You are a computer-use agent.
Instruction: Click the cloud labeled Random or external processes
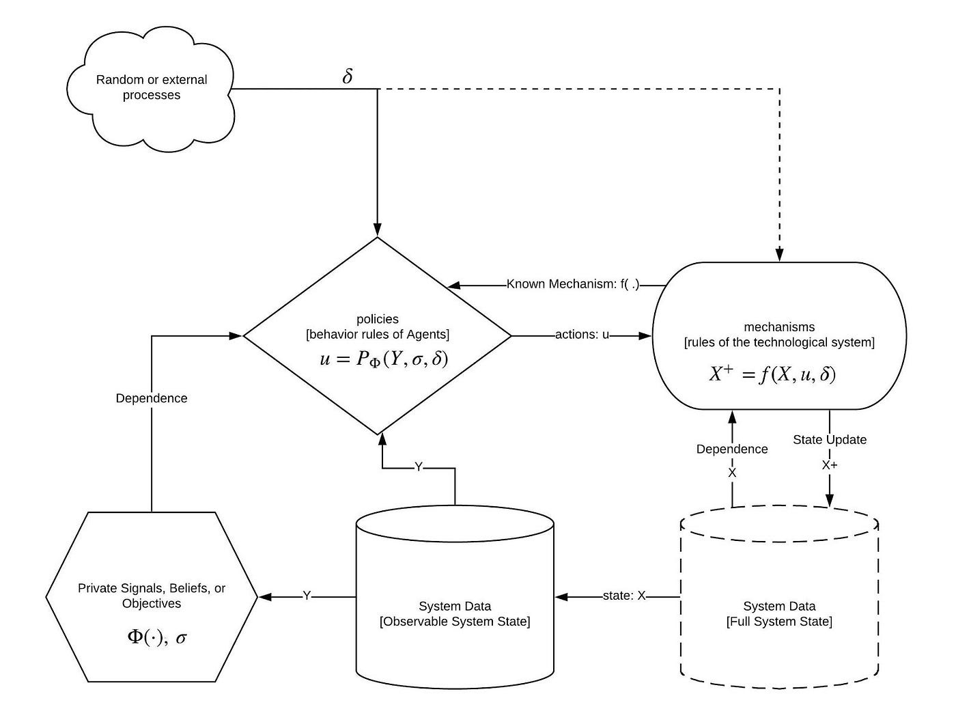(150, 89)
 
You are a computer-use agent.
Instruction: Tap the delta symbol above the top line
(347, 77)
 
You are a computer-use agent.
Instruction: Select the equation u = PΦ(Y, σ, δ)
(384, 359)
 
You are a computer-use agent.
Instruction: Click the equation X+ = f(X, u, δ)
(772, 374)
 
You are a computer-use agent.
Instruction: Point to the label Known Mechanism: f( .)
(573, 284)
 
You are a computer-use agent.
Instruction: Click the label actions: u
(582, 335)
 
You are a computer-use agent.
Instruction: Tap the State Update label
(829, 440)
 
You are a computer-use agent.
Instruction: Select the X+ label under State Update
(829, 465)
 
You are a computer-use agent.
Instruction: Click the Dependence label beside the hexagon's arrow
(152, 398)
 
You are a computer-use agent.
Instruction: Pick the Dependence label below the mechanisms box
(732, 449)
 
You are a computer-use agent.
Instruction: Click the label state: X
(623, 595)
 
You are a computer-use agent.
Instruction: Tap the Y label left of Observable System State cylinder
(307, 595)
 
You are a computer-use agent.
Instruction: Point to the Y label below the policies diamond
(419, 467)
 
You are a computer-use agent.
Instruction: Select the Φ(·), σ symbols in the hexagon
(157, 637)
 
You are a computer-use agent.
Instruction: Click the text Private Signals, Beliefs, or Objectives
(152, 595)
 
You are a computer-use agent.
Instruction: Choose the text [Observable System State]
(455, 622)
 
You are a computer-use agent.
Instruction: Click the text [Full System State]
(779, 622)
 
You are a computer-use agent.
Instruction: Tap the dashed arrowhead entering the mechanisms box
(780, 255)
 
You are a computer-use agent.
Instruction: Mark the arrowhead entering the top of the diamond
(377, 230)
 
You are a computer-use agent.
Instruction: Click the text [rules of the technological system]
(779, 342)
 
